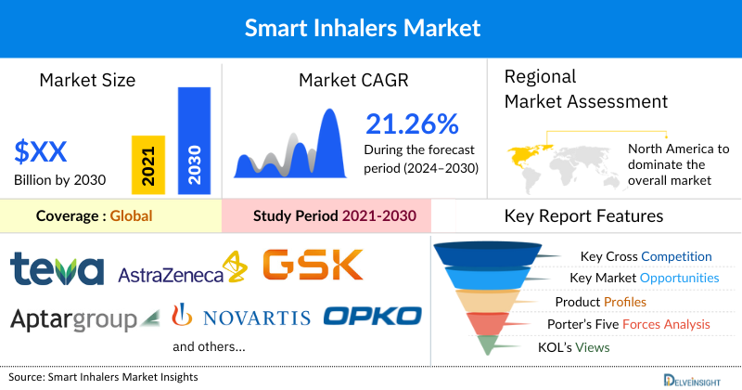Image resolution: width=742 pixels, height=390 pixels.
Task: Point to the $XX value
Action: [41, 149]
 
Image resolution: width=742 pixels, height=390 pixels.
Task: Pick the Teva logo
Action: [57, 269]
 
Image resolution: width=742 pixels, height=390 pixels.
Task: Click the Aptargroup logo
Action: [74, 318]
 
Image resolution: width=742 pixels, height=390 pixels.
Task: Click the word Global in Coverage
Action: [131, 216]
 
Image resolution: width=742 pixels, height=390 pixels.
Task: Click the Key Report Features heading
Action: [583, 216]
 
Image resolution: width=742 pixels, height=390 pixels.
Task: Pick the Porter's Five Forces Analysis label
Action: [632, 324]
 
